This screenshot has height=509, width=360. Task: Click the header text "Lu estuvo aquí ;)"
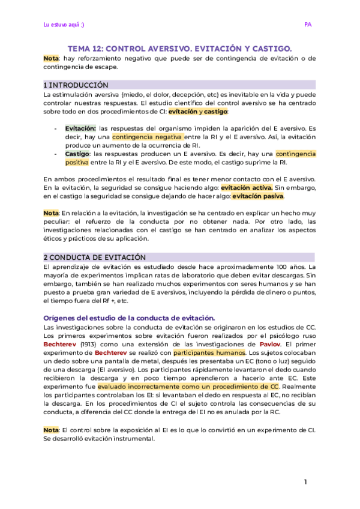64,25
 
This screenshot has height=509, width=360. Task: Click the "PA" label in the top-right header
308,25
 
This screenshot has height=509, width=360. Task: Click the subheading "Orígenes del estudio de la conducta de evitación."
129,318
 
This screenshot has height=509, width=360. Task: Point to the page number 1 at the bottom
305,482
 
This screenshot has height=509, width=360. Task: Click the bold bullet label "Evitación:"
80,128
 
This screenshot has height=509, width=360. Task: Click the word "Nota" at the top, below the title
51,58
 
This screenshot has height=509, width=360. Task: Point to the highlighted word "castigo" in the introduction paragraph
216,112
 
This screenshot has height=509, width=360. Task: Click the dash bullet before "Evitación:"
56,128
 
